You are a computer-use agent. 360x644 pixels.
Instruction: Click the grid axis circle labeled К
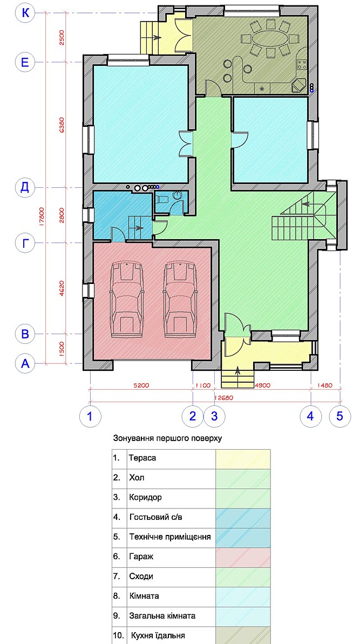click(26, 13)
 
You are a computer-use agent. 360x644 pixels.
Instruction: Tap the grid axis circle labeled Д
click(26, 188)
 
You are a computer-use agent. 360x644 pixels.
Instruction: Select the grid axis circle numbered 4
click(310, 416)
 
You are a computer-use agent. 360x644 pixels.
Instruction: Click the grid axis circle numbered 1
click(90, 416)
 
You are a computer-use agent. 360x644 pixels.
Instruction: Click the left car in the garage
click(127, 300)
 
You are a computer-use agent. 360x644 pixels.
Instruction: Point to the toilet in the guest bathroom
click(161, 199)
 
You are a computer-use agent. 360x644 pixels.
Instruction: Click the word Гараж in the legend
click(140, 557)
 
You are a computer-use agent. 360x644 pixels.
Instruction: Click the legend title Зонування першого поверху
click(167, 438)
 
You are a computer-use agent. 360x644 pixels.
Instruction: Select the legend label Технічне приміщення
click(169, 537)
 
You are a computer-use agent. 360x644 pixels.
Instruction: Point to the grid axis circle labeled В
click(26, 333)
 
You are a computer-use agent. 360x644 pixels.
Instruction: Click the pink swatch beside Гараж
click(243, 557)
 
